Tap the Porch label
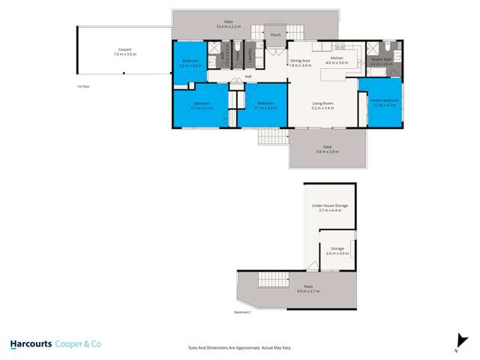point(276,34)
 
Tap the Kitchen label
point(337,58)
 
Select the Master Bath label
point(381,59)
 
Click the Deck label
point(327,148)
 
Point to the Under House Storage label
point(329,205)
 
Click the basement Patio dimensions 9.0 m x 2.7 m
point(308,290)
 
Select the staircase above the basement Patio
point(273,280)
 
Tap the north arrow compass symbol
point(455,344)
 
